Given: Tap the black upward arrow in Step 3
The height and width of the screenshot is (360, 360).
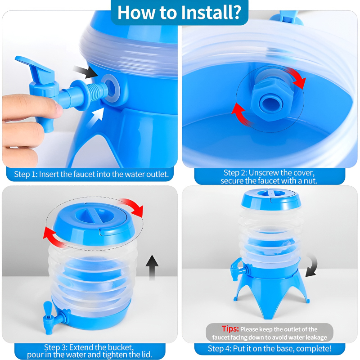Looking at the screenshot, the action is click(x=152, y=267).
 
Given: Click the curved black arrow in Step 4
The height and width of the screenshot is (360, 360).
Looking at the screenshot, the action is click(x=312, y=266).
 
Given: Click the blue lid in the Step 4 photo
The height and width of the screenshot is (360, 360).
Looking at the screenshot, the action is click(x=271, y=199).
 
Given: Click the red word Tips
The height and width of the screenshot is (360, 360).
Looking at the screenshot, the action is click(x=230, y=329).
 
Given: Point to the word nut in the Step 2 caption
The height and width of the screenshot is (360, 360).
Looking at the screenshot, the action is click(x=311, y=181).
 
